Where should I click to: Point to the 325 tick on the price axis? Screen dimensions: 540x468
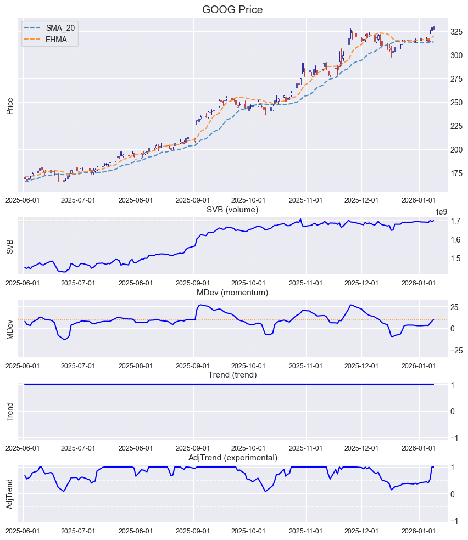[458, 32]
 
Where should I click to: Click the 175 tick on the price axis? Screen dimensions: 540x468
[458, 173]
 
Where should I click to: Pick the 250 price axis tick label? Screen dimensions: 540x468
[458, 103]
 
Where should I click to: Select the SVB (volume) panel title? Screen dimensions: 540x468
[232, 209]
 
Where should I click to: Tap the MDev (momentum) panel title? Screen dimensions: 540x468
[232, 292]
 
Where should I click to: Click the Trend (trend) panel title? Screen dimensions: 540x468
[232, 375]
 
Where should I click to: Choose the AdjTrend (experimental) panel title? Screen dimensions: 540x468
[232, 458]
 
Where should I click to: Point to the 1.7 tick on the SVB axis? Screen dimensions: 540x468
[456, 221]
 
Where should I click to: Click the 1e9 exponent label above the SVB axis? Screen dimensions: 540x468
[442, 212]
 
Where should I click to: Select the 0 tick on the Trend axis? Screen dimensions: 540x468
[453, 412]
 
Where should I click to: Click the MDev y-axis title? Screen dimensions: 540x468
[10, 328]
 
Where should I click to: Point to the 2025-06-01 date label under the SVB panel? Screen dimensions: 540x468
[24, 283]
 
